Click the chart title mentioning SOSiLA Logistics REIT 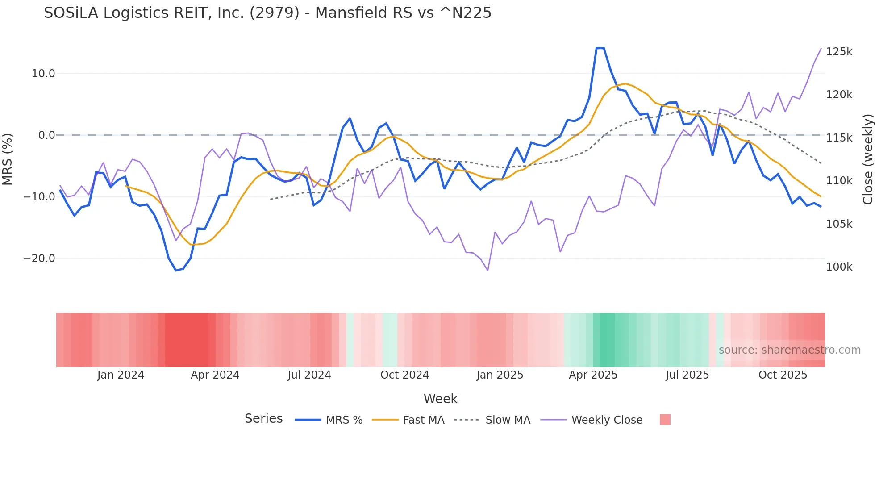point(267,13)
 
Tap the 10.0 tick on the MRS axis point(43,74)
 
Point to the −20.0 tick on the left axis point(39,259)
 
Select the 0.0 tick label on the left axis point(46,135)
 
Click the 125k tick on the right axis point(839,52)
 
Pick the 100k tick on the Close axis point(839,267)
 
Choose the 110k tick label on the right point(839,181)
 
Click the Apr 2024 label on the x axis point(215,375)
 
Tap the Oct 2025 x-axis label point(783,375)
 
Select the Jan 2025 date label point(500,375)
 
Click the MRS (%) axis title point(8,159)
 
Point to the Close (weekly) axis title point(867,159)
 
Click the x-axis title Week point(440,399)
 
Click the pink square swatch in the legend point(665,420)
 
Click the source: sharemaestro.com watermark point(789,350)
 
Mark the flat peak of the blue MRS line point(600,48)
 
